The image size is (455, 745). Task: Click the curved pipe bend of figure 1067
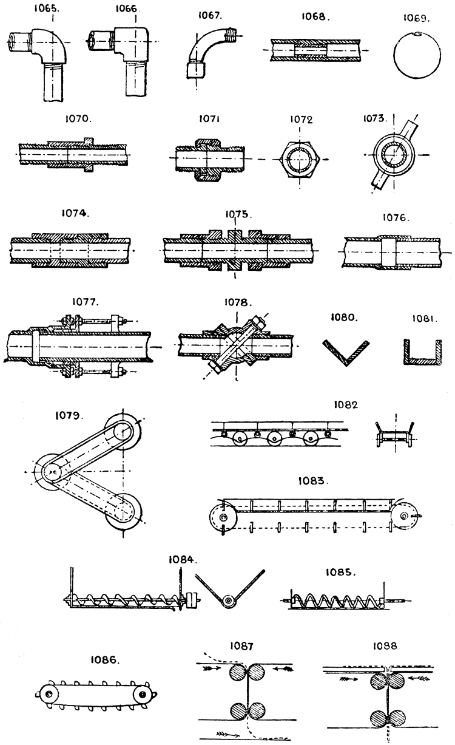click(206, 52)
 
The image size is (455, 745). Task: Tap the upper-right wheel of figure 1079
click(124, 432)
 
